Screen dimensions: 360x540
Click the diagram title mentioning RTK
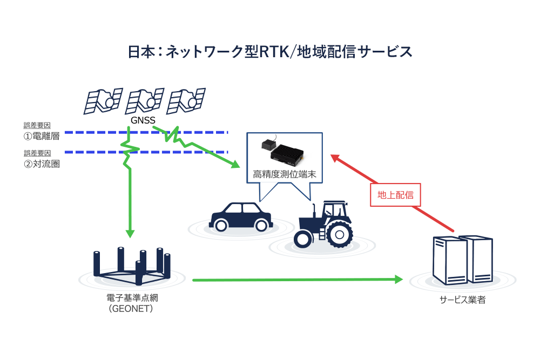click(270, 52)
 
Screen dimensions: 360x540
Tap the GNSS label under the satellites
click(143, 120)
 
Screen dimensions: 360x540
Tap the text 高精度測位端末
click(284, 175)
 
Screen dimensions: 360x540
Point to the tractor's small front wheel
click(303, 238)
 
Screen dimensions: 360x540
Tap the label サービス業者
click(462, 300)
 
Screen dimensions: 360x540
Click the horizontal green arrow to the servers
click(297, 280)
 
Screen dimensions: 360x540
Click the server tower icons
click(463, 260)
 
